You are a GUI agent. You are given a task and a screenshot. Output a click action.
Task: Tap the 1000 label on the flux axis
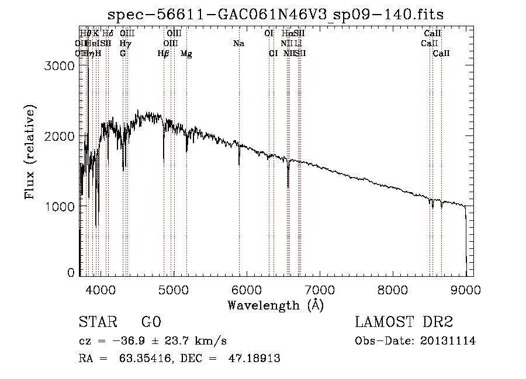tap(60, 207)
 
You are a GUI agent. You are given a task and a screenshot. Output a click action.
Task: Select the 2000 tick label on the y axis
tap(60, 136)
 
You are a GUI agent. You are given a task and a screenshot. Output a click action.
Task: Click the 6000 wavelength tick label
tap(247, 289)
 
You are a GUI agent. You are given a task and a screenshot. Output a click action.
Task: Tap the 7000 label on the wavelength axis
tap(320, 289)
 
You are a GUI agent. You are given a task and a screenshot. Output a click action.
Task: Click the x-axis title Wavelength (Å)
tap(275, 304)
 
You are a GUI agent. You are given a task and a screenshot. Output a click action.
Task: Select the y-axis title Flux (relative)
tap(29, 152)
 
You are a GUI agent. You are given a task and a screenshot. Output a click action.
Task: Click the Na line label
tap(238, 44)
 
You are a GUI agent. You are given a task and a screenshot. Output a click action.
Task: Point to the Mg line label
tap(186, 54)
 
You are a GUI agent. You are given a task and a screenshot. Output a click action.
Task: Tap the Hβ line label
tap(163, 54)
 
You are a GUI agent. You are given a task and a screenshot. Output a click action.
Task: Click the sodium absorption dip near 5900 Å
tap(239, 164)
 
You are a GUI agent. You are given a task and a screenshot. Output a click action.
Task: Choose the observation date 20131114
tap(447, 341)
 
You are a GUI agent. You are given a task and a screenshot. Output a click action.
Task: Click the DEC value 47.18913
tap(255, 359)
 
